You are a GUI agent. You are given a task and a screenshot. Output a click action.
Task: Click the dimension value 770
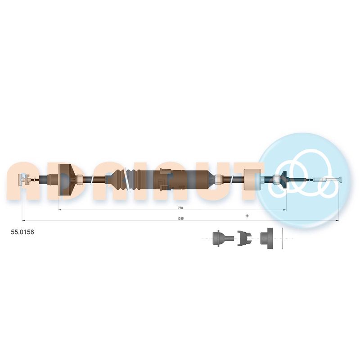[x=180, y=208]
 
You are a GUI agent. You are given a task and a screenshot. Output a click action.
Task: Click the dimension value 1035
[x=180, y=219]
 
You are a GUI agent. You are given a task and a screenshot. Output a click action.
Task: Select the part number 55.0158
[x=22, y=232]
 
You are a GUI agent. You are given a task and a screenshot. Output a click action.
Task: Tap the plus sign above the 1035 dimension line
[x=247, y=216]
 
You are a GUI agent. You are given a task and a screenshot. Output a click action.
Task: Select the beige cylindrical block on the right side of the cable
[x=252, y=179]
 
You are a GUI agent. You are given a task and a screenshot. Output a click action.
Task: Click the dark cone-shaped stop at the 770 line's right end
[x=284, y=178]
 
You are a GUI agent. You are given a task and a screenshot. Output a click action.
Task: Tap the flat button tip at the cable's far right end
[x=341, y=180]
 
